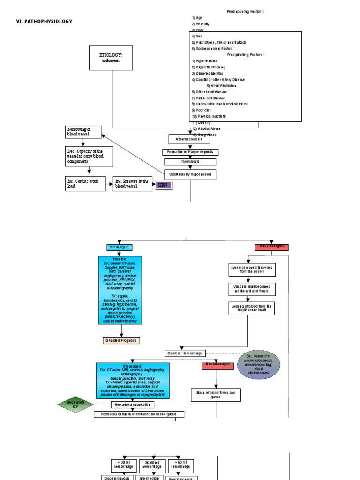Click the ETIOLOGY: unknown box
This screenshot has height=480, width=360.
[111, 58]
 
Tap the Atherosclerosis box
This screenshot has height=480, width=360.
[189, 139]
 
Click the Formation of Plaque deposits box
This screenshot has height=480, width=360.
[190, 152]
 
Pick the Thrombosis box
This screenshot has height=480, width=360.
[190, 162]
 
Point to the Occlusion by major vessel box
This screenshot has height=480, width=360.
[190, 174]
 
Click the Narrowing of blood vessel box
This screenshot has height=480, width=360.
[83, 132]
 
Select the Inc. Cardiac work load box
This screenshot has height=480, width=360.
[85, 184]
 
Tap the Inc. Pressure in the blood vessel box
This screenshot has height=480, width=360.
[132, 184]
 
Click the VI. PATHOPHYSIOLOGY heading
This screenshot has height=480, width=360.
[44, 21]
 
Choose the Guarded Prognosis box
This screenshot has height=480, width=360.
[121, 340]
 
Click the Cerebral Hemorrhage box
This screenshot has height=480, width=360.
[185, 353]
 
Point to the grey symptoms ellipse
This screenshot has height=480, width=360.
[259, 364]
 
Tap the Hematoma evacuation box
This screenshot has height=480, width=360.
[132, 405]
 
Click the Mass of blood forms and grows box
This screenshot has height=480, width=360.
[216, 395]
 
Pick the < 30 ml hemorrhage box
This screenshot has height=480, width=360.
[124, 465]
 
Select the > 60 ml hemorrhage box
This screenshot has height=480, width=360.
[181, 465]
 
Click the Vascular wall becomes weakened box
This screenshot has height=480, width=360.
[252, 289]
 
